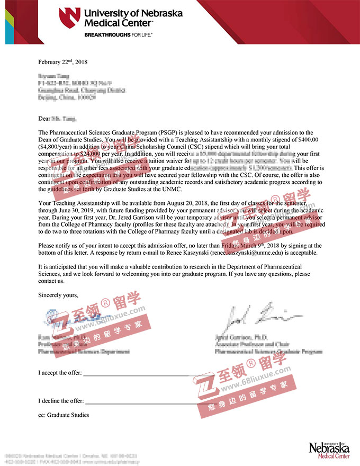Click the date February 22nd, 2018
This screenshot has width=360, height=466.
tap(62, 62)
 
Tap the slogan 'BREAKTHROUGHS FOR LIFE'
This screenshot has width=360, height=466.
tap(118, 34)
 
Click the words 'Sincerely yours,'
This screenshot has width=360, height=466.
tap(58, 295)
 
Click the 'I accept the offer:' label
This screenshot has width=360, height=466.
tap(60, 373)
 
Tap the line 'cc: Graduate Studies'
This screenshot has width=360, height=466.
tap(64, 415)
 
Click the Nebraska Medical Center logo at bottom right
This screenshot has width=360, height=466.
tap(328, 449)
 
